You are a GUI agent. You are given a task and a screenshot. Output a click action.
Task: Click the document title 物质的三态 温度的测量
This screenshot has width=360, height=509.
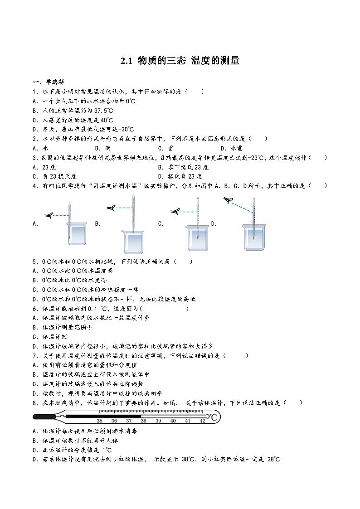click(x=180, y=61)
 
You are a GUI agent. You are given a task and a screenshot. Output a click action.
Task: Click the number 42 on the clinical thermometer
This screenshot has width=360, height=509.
click(x=202, y=421)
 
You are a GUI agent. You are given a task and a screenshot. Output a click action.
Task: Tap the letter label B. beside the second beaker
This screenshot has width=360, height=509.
click(x=97, y=223)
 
